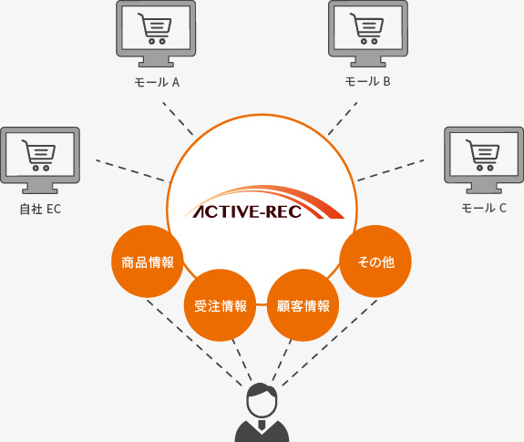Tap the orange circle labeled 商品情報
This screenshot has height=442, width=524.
147,262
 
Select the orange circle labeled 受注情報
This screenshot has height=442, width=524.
220,305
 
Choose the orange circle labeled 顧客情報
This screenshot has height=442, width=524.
303,305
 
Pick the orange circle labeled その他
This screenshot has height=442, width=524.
375,262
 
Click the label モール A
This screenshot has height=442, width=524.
157,82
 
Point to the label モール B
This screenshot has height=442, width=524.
367,81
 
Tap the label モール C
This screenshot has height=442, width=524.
484,208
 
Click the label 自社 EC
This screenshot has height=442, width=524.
40,209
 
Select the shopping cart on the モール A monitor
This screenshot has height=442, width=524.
156,29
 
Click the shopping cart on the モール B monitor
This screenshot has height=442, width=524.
367,28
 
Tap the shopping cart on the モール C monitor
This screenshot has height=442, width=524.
483,155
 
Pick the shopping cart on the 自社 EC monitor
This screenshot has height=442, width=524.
39,155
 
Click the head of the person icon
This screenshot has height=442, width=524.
262,400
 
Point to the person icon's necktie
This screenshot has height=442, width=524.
262,425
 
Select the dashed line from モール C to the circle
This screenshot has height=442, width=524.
391,170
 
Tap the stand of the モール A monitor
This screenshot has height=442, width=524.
156,62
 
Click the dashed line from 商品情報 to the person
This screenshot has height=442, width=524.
194,343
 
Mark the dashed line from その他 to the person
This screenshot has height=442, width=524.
330,343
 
